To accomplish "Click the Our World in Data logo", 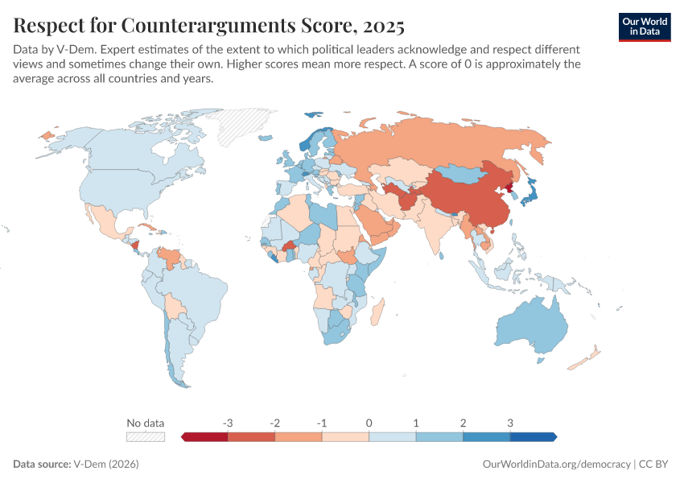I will click(645, 27).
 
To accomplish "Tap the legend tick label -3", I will click(228, 423).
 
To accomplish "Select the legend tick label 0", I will click(369, 423).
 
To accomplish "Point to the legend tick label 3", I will click(509, 423).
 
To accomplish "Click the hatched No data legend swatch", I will click(145, 436).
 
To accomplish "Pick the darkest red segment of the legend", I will click(206, 436).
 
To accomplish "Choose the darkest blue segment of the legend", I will click(532, 436).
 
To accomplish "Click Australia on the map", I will click(531, 326).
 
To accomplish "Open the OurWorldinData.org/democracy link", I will click(556, 464).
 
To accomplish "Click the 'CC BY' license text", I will click(655, 464).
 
